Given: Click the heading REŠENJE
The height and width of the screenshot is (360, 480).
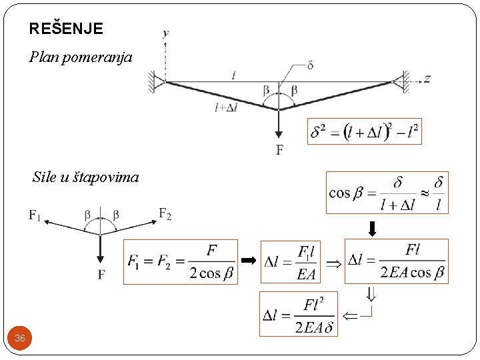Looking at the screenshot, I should pyautogui.click(x=66, y=29).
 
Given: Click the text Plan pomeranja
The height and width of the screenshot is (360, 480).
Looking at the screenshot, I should pyautogui.click(x=81, y=57).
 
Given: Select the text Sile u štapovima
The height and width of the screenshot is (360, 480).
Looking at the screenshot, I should pyautogui.click(x=85, y=177).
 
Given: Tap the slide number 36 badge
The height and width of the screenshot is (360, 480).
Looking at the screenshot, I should pyautogui.click(x=20, y=338).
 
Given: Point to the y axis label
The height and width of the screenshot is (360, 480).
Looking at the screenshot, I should pyautogui.click(x=165, y=33).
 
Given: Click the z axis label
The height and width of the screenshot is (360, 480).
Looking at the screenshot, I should pyautogui.click(x=427, y=79).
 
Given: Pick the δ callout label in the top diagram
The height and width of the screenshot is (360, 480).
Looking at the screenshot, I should pyautogui.click(x=310, y=65).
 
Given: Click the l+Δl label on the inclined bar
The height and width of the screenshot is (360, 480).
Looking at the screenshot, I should pyautogui.click(x=226, y=107).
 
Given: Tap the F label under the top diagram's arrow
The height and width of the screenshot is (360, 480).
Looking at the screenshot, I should pyautogui.click(x=279, y=149).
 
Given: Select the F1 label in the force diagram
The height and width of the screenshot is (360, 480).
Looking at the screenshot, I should pyautogui.click(x=35, y=215).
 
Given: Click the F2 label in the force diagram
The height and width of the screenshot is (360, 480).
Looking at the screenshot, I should pyautogui.click(x=165, y=213).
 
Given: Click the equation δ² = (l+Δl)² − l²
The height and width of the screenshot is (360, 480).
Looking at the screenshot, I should pyautogui.click(x=365, y=132).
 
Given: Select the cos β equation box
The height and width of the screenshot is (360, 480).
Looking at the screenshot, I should pyautogui.click(x=387, y=193).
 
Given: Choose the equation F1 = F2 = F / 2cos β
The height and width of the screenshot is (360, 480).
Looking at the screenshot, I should pyautogui.click(x=181, y=262).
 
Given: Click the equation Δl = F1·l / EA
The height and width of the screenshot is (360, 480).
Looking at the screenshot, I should pyautogui.click(x=290, y=262).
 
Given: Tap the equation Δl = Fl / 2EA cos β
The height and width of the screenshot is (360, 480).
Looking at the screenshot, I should pyautogui.click(x=396, y=261).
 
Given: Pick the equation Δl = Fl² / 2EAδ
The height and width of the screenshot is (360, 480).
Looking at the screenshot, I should pyautogui.click(x=298, y=314).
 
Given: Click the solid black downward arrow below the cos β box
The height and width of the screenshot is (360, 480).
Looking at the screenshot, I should pyautogui.click(x=373, y=228).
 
